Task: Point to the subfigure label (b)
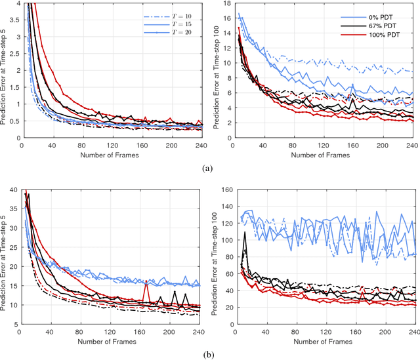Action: pyautogui.click(x=208, y=354)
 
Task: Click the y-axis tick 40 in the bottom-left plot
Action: pyautogui.click(x=12, y=190)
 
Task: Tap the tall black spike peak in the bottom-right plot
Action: pyautogui.click(x=245, y=231)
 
